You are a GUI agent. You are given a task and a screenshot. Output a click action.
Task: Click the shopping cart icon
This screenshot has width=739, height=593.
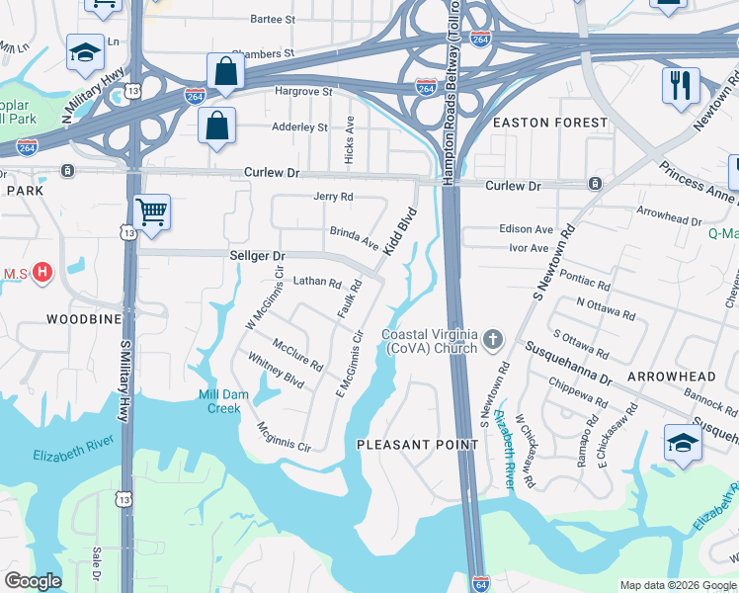[x=151, y=212]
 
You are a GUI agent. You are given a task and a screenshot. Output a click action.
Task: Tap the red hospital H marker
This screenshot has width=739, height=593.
[x=41, y=271]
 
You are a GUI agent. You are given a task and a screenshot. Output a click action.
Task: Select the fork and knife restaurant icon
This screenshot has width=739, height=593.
[x=681, y=86]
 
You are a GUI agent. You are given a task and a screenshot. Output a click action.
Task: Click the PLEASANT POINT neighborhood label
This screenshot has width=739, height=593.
[x=418, y=445]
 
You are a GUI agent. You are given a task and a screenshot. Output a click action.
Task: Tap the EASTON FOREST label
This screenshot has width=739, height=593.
[x=550, y=123]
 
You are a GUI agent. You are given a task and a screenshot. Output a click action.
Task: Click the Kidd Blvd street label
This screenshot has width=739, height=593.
[x=399, y=233]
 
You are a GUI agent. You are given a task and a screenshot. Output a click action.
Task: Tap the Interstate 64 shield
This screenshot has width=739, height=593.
[x=479, y=583]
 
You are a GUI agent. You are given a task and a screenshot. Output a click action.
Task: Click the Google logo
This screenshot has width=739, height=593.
[x=33, y=581]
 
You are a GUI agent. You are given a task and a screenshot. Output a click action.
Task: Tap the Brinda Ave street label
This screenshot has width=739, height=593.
[x=354, y=238]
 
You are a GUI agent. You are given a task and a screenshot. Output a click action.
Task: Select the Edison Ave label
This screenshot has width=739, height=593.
[x=526, y=229]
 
